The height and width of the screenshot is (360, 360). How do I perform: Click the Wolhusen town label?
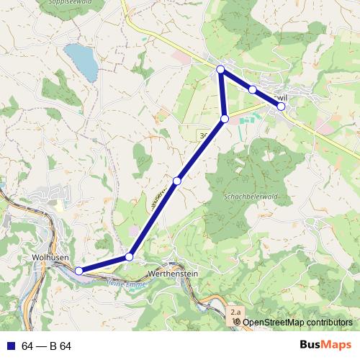(50, 256)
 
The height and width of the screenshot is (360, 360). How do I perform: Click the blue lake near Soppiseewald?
(82, 61)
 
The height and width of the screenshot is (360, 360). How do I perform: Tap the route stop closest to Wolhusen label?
(79, 271)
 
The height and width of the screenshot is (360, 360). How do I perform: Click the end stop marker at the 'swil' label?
(282, 106)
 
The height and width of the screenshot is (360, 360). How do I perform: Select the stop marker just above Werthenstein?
(130, 256)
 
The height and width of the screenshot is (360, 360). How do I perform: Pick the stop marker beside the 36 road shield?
(225, 119)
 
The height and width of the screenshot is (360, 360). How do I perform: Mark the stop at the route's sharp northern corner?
(221, 69)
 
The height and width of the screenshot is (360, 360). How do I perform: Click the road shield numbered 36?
(204, 135)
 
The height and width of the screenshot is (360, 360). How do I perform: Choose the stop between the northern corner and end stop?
(253, 90)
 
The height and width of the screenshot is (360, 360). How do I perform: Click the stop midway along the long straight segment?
(177, 181)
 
